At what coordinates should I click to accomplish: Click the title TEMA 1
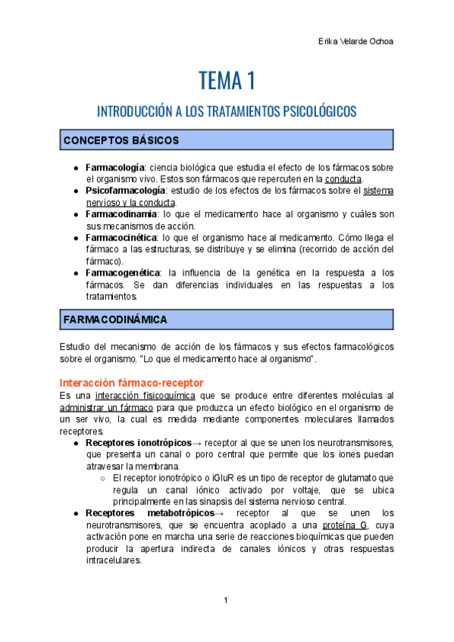point(227,79)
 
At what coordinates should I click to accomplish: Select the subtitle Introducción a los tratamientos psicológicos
point(227,111)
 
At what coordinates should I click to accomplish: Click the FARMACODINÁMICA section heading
point(114,319)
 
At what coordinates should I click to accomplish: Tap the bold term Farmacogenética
point(122,273)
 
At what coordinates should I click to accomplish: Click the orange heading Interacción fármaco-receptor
point(130,382)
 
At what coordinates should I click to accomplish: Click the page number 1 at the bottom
point(226,601)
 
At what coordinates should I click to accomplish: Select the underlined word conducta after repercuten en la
point(343,179)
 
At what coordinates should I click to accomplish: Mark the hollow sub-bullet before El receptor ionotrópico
point(103,478)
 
